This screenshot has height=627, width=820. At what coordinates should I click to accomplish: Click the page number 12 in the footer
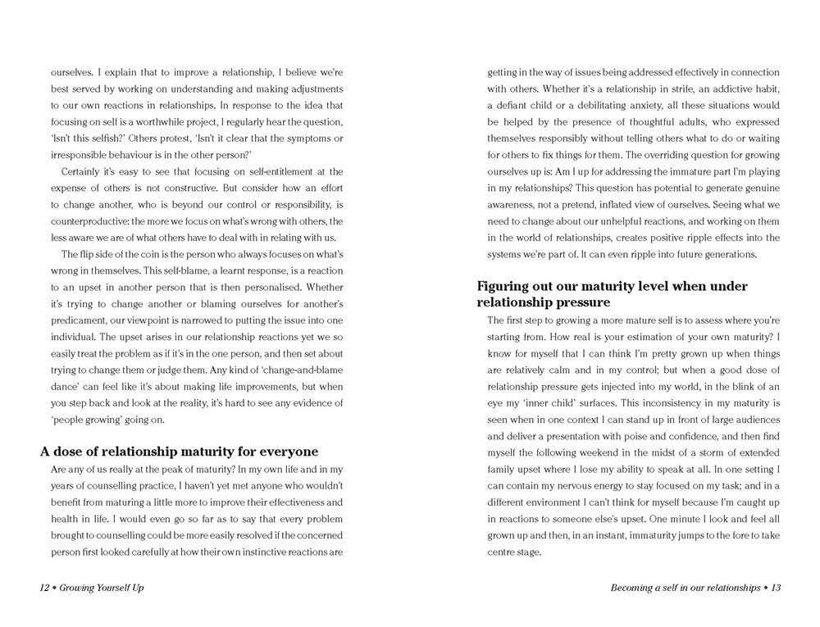(45, 588)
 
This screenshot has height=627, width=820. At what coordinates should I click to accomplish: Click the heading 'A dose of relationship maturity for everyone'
(179, 452)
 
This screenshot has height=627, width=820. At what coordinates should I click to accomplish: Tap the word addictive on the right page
(722, 89)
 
